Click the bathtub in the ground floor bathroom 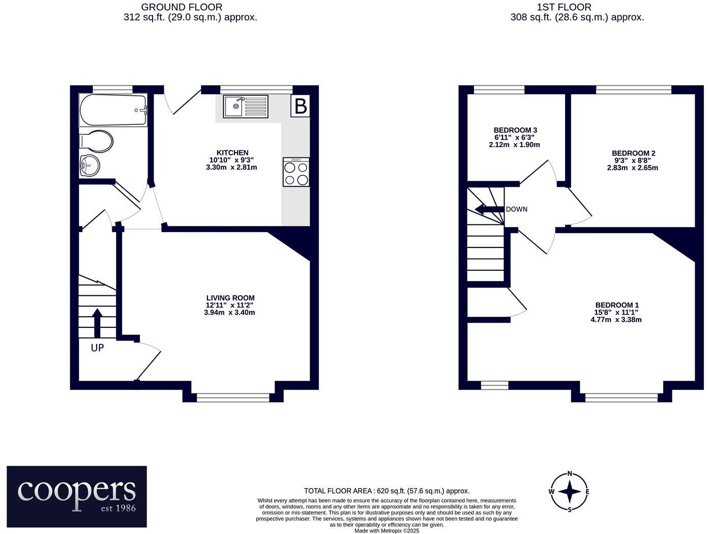point(113,110)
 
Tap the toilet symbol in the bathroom point(97,141)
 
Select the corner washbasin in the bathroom point(90,165)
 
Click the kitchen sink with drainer point(246,106)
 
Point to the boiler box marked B point(301,106)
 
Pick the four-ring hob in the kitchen point(296,173)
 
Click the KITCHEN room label point(232,153)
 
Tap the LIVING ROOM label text point(230,298)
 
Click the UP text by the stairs point(97,348)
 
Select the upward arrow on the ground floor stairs point(97,322)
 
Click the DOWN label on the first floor point(516,209)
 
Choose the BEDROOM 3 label point(515,130)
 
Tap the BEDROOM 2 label point(633,153)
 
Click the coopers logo point(77,496)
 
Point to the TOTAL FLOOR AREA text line point(387,491)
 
